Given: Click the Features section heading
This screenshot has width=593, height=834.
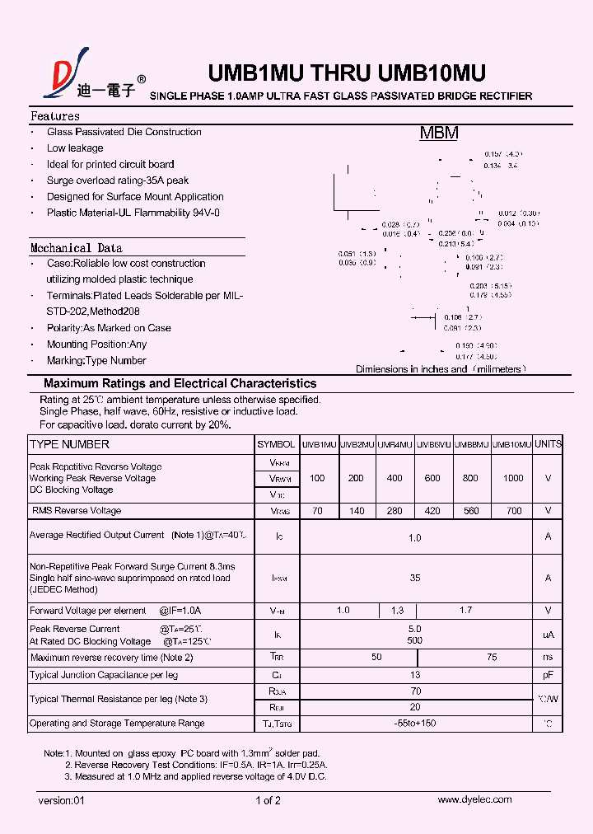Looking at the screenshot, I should tap(55, 116).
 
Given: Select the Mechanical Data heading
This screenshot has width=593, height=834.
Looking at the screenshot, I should tap(76, 248).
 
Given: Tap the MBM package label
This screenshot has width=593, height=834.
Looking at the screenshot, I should tap(438, 134).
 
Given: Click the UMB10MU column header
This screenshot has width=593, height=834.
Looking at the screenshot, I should tap(511, 444).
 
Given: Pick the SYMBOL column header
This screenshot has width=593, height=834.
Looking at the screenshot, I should tap(276, 444).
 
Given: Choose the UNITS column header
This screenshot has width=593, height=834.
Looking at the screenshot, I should tap(548, 444).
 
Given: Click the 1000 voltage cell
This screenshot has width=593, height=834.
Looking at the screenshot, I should tap(512, 478).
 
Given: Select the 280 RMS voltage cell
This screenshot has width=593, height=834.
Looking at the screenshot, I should tap(395, 511).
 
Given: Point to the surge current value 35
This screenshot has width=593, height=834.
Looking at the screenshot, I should tap(415, 578).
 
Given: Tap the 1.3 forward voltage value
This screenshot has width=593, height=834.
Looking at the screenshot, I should tap(397, 611).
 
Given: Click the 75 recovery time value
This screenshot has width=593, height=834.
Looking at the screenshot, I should tap(492, 657).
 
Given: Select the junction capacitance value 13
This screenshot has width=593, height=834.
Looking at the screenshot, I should tap(415, 675).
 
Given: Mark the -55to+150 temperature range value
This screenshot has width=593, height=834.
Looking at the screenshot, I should tap(415, 724).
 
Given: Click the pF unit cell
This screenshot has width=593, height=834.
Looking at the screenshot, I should tap(548, 675).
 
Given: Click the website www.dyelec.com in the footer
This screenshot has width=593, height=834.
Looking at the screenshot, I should tap(474, 799).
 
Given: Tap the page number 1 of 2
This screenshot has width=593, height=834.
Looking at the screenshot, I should tap(268, 800).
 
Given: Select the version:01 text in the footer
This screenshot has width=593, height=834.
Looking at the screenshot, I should tap(62, 800).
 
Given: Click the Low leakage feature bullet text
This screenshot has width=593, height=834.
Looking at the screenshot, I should tap(75, 148).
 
